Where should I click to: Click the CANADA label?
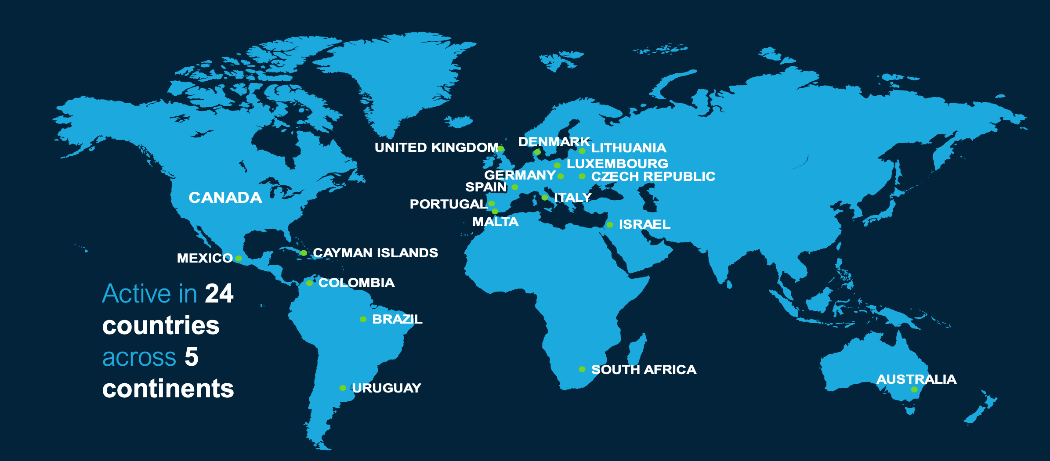(x=225, y=198)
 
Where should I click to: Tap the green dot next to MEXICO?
(x=239, y=258)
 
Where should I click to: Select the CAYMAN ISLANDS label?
(x=375, y=253)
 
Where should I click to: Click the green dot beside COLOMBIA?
(x=309, y=283)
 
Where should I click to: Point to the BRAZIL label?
(x=397, y=319)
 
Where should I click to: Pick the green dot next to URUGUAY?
(x=343, y=388)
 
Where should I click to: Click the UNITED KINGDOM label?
(x=436, y=148)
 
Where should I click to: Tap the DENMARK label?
(x=554, y=142)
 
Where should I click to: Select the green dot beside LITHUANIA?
(x=582, y=151)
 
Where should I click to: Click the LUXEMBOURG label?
(x=617, y=164)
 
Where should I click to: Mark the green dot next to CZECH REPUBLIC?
(x=582, y=176)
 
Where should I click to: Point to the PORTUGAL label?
(x=448, y=204)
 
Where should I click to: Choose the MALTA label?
(x=495, y=222)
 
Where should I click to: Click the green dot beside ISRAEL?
(x=610, y=225)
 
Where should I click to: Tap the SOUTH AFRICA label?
(x=644, y=370)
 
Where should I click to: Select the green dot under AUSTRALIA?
(x=914, y=389)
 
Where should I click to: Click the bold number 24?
(x=219, y=293)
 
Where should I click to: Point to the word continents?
(x=168, y=389)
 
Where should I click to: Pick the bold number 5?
(x=192, y=357)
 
